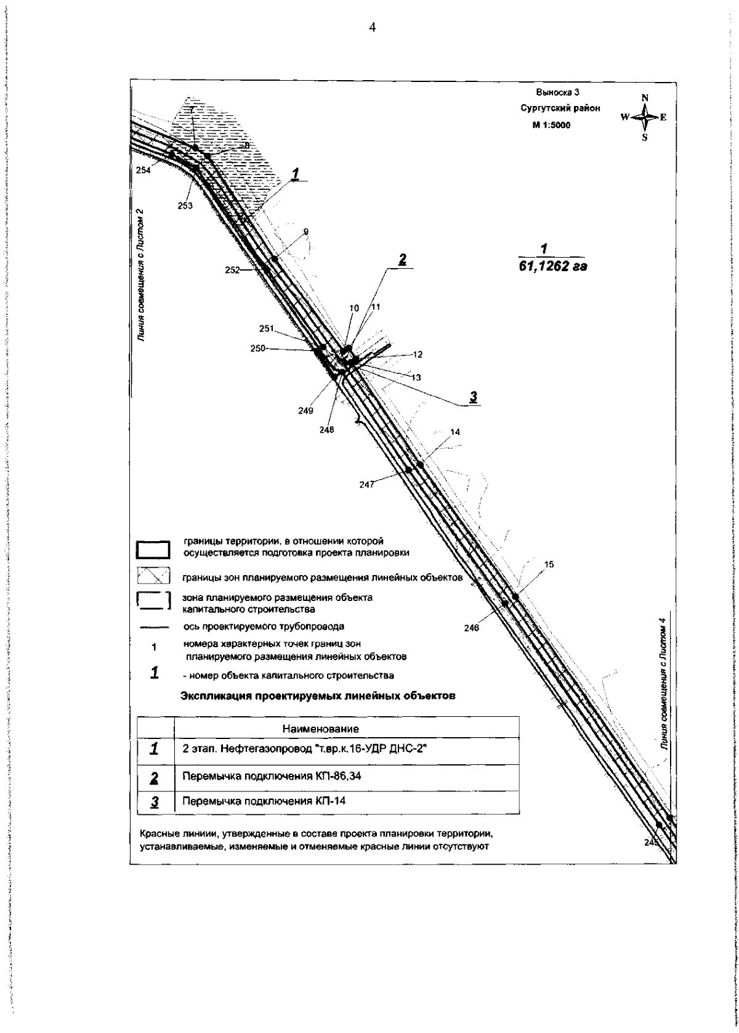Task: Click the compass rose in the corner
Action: [644, 117]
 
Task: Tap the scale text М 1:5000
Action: [551, 125]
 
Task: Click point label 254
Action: [143, 171]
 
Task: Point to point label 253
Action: [185, 206]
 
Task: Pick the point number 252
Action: [232, 270]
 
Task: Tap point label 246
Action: [488, 629]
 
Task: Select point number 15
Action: [549, 564]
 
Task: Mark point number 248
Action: [326, 430]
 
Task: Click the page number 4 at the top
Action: [371, 27]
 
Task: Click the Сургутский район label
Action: [560, 108]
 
